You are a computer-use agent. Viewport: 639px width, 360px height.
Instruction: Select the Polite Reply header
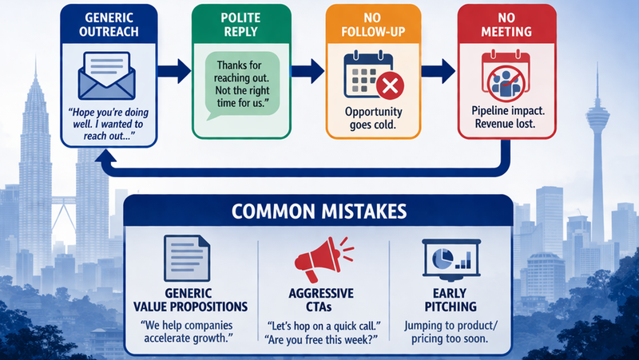(237, 24)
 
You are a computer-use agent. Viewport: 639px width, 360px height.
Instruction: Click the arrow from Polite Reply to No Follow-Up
(306, 70)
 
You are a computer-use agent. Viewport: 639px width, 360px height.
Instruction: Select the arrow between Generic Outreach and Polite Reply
(171, 70)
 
